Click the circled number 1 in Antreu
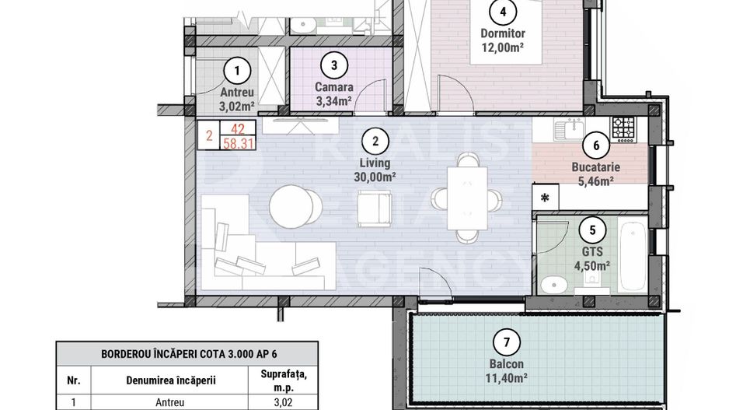[x=237, y=72]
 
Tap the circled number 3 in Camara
[x=334, y=65]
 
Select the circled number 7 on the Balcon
[x=506, y=343]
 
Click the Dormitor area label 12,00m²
[x=503, y=47]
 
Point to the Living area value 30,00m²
[x=375, y=177]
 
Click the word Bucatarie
[x=595, y=166]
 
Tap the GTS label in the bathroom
[x=592, y=252]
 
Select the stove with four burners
[x=623, y=129]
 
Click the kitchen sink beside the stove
[x=570, y=129]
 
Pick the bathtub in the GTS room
[x=633, y=257]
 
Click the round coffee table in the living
[x=291, y=207]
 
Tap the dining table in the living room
[x=467, y=198]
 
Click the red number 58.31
[x=238, y=143]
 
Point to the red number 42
[x=238, y=129]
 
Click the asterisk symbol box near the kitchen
[x=545, y=198]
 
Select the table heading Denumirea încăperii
[x=171, y=380]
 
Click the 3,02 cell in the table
[x=283, y=402]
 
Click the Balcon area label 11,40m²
[x=506, y=378]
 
